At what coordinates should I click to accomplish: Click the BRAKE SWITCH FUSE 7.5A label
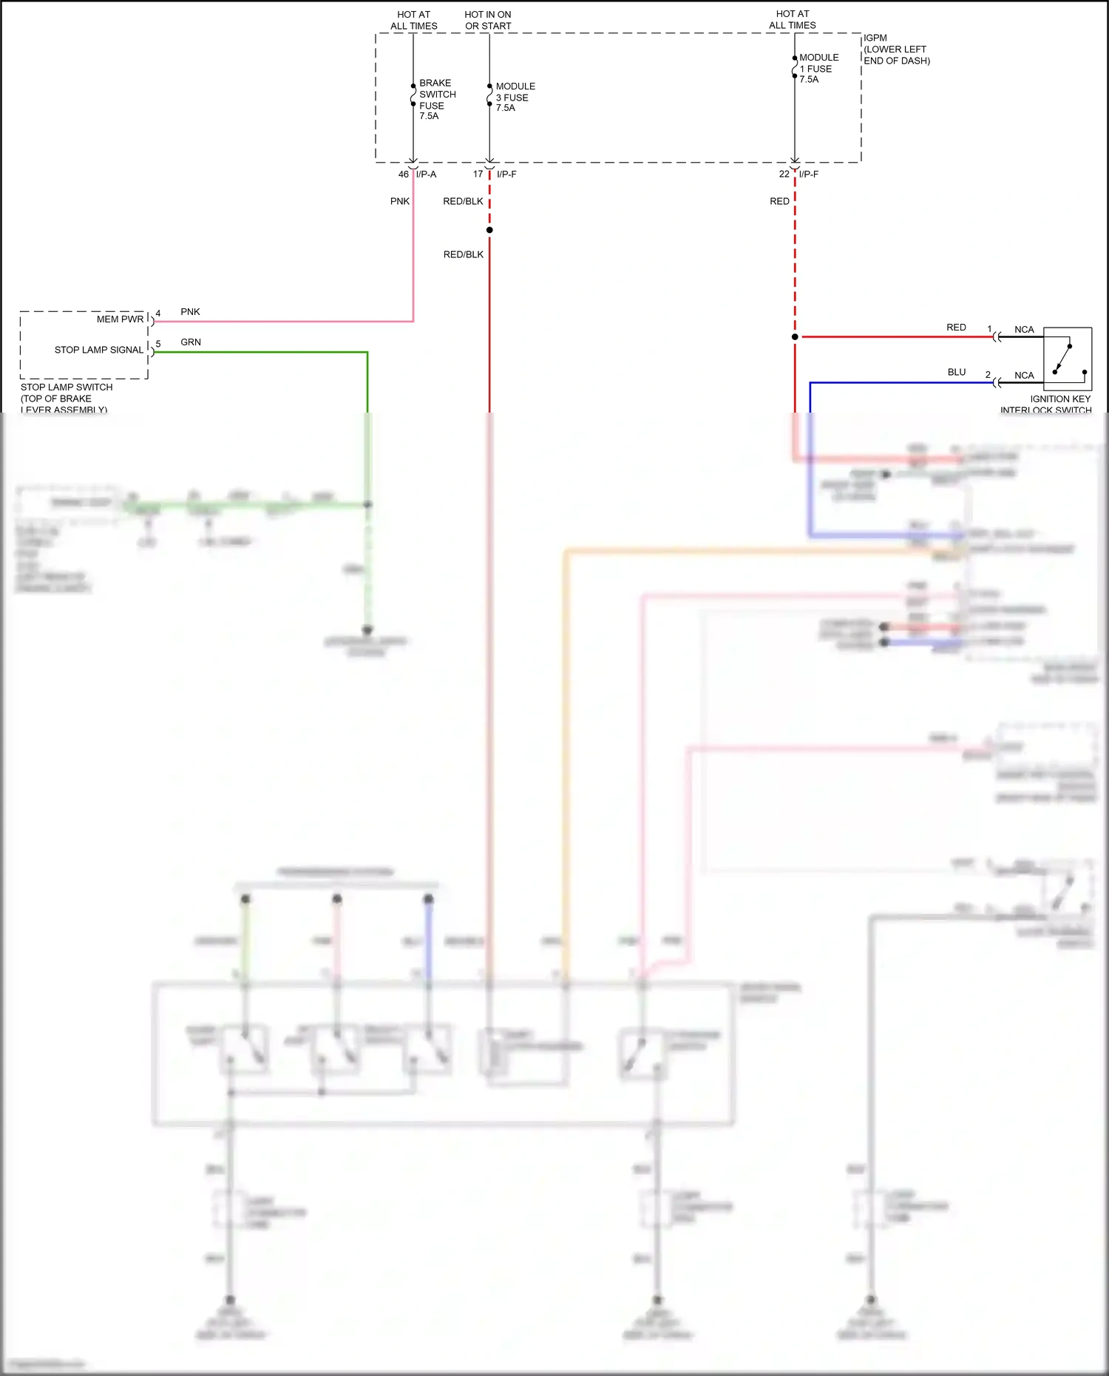click(437, 99)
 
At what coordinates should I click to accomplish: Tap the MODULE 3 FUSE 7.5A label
click(515, 97)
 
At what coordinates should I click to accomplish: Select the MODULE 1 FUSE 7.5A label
click(818, 68)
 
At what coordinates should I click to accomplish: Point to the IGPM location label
click(896, 49)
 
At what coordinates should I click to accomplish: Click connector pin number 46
click(403, 174)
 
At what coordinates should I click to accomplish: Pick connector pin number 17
click(478, 174)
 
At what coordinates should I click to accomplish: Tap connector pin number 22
click(784, 174)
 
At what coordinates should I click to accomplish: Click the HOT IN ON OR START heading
click(488, 20)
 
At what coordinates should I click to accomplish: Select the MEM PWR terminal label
click(120, 319)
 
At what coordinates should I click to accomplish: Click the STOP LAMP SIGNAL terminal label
click(99, 350)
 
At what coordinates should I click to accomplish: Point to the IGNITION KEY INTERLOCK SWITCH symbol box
click(1067, 359)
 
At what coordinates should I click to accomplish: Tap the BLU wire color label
click(956, 372)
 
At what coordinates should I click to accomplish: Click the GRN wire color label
click(191, 342)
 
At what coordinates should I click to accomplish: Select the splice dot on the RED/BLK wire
click(489, 230)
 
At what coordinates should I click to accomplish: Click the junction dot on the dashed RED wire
click(795, 337)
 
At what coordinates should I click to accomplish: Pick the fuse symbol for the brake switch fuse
click(413, 95)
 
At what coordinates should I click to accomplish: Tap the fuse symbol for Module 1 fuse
click(795, 67)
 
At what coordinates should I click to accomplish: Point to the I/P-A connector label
click(427, 174)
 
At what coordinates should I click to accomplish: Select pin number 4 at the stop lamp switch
click(158, 314)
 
